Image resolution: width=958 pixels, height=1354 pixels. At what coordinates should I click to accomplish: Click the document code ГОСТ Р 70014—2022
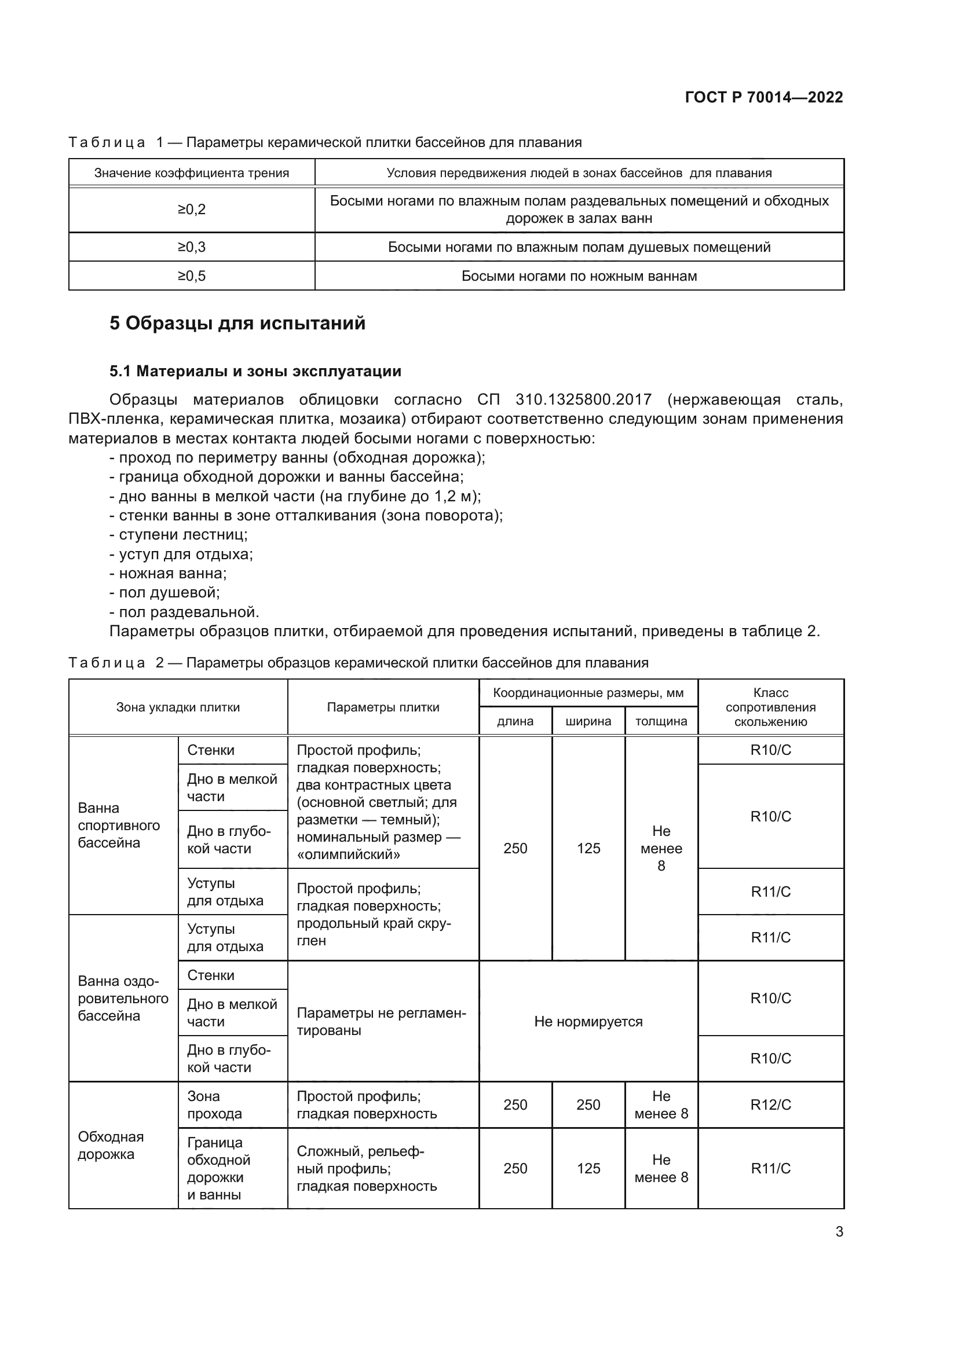[x=763, y=97]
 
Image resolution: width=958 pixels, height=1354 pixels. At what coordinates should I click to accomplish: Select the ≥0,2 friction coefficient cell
[x=192, y=210]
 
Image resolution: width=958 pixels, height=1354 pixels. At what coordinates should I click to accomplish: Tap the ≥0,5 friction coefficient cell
[x=192, y=276]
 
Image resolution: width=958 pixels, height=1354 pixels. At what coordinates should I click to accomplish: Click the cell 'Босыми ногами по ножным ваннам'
[x=579, y=276]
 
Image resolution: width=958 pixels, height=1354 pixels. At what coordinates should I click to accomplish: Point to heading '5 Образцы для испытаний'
[x=237, y=323]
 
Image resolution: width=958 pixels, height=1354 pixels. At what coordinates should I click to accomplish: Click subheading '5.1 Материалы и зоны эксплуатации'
[x=255, y=371]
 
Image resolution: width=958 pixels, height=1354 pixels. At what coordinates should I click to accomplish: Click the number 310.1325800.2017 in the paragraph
[x=583, y=399]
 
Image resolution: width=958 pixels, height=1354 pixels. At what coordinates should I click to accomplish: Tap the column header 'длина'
[x=515, y=721]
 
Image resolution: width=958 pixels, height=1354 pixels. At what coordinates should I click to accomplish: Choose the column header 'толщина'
[x=661, y=721]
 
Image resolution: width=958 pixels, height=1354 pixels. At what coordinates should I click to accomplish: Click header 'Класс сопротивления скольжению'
[x=770, y=707]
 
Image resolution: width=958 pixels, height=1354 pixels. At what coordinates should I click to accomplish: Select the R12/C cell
[x=770, y=1105]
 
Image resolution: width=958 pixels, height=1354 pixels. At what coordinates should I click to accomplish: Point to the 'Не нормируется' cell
[x=588, y=1021]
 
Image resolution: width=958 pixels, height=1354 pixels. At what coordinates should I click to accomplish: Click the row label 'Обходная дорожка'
[x=110, y=1145]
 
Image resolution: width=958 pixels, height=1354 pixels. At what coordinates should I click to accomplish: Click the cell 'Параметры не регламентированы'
[x=381, y=1021]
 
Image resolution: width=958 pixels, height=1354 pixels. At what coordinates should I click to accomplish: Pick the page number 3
[x=839, y=1231]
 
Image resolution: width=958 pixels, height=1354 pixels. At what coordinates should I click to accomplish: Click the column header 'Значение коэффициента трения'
[x=192, y=174]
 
